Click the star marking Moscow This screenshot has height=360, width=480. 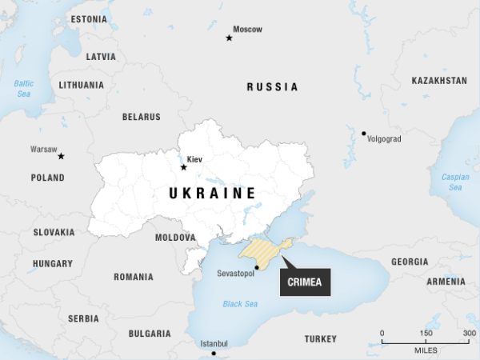click(x=229, y=38)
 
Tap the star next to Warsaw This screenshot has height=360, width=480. click(x=61, y=156)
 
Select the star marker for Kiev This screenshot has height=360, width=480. click(x=184, y=167)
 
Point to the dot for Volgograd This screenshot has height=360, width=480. click(x=363, y=134)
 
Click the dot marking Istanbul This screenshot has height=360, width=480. click(x=213, y=353)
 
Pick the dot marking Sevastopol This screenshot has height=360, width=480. click(x=257, y=267)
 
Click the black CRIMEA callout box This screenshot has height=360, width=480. click(x=305, y=282)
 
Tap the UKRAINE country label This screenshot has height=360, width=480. click(x=212, y=194)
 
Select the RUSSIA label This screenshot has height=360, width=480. click(x=272, y=87)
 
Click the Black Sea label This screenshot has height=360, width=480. click(x=240, y=304)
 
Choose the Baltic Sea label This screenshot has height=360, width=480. click(x=23, y=88)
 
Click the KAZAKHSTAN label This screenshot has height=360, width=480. click(x=439, y=81)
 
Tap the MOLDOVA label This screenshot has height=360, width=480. click(x=174, y=238)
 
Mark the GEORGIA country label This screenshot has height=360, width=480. click(x=409, y=262)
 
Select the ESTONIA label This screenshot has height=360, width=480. click(x=89, y=18)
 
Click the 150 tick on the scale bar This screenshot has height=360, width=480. click(x=426, y=342)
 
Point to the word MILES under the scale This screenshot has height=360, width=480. click(x=426, y=350)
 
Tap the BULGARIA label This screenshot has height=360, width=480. click(x=149, y=333)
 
